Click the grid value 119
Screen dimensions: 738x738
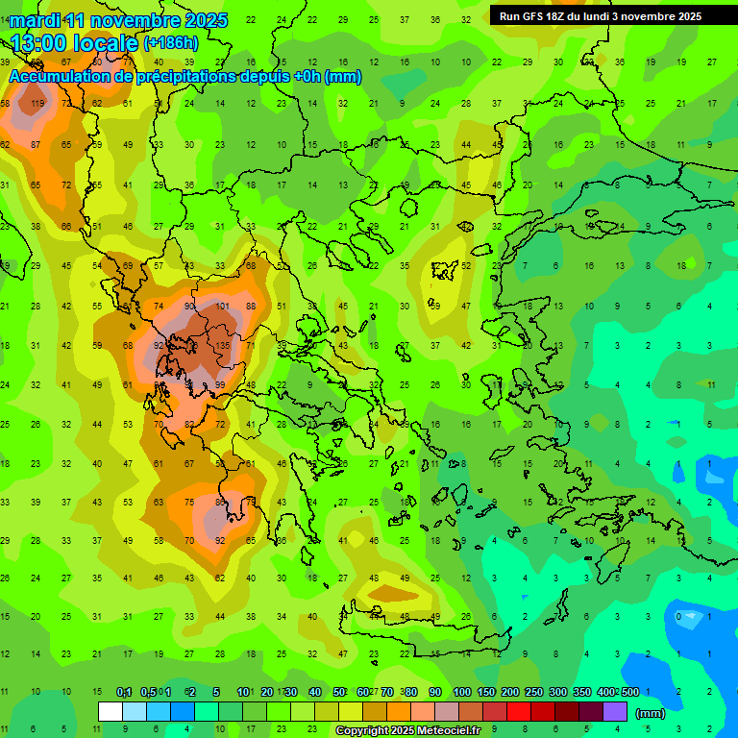(x=37, y=104)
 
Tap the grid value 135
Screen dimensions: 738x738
(x=222, y=346)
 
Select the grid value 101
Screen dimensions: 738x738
(x=222, y=307)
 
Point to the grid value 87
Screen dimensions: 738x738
(x=36, y=144)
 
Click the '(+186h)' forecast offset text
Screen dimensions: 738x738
(x=171, y=43)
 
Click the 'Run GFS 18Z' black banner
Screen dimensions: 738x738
(x=600, y=16)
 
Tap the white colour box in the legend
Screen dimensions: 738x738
(x=111, y=712)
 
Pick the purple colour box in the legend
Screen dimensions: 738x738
(x=615, y=712)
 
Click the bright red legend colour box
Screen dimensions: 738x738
(x=519, y=712)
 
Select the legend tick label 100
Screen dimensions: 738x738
(x=461, y=692)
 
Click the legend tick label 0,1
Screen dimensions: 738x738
(x=124, y=692)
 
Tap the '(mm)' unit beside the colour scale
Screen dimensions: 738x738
(x=651, y=713)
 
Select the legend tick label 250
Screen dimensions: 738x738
(x=533, y=692)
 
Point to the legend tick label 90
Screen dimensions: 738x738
(x=435, y=692)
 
